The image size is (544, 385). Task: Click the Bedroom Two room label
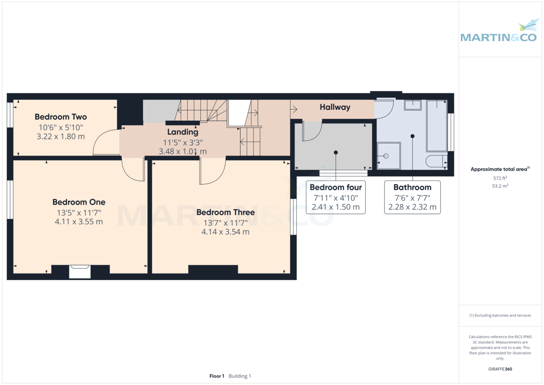click(60, 117)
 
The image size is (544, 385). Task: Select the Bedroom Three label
click(225, 212)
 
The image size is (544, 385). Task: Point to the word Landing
click(183, 132)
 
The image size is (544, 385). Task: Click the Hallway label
click(335, 107)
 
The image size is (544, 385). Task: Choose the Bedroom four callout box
click(335, 197)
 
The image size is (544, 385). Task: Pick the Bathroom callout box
click(412, 197)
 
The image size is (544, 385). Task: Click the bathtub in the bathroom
click(437, 126)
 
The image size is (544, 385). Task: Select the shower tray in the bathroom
click(389, 156)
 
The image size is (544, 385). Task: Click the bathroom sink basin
click(413, 105)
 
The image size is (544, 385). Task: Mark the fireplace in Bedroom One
click(80, 271)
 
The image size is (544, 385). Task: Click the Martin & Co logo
click(498, 32)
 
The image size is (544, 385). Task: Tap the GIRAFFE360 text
click(500, 369)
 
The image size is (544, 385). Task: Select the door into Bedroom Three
click(212, 172)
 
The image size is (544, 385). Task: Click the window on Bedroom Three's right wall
click(293, 217)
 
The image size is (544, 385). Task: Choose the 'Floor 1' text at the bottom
click(217, 376)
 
